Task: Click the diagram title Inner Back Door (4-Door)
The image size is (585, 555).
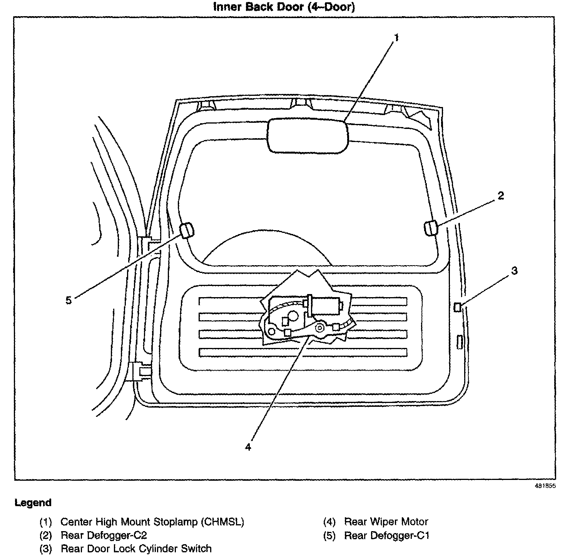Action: pos(284,7)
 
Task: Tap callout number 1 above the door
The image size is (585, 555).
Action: pos(396,38)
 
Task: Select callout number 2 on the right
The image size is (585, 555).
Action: pos(500,196)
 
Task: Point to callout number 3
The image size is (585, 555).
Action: pos(515,271)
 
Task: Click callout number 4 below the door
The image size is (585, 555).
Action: pos(248,447)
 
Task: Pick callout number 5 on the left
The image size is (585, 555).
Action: pos(69,300)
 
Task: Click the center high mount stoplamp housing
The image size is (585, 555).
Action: pos(308,136)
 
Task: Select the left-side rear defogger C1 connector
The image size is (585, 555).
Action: pos(187,230)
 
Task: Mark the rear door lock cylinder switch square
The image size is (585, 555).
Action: pos(458,307)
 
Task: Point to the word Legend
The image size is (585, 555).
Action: pos(33,503)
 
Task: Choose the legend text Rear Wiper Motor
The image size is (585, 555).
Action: pos(386,522)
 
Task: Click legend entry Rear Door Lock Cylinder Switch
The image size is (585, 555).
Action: pos(136,548)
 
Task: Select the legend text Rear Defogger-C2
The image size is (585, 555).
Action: pos(104,535)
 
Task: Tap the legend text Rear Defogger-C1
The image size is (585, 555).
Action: pos(386,535)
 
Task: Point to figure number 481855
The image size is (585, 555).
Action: pos(545,486)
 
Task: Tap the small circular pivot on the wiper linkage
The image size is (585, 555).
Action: pos(319,328)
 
